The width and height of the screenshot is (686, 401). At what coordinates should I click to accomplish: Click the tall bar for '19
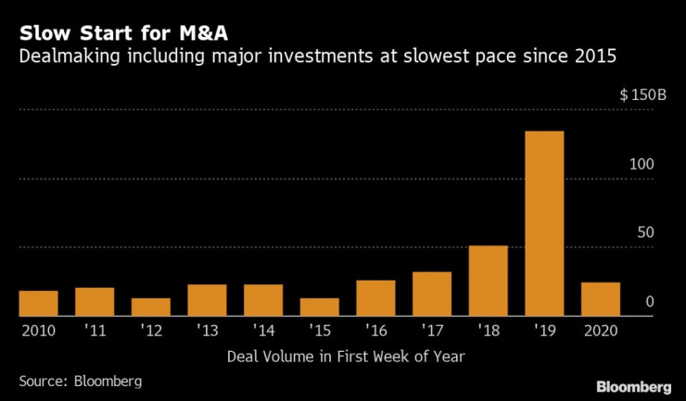pyautogui.click(x=544, y=223)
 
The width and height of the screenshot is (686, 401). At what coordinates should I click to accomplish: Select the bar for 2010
pyautogui.click(x=39, y=304)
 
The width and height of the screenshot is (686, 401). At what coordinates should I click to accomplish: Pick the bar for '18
pyautogui.click(x=488, y=281)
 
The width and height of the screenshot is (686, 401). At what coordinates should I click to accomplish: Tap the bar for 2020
pyautogui.click(x=600, y=299)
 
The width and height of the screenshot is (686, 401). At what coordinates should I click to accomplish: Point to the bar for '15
pyautogui.click(x=319, y=307)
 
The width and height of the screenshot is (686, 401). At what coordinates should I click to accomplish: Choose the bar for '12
pyautogui.click(x=151, y=307)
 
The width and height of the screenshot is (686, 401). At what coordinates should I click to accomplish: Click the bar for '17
pyautogui.click(x=432, y=294)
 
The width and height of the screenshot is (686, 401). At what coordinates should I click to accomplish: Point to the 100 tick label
pyautogui.click(x=642, y=164)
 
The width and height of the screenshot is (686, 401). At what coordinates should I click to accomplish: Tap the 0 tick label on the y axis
pyautogui.click(x=650, y=302)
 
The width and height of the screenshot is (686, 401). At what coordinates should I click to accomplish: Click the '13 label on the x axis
pyautogui.click(x=207, y=331)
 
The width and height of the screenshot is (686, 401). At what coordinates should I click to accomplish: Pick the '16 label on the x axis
pyautogui.click(x=375, y=331)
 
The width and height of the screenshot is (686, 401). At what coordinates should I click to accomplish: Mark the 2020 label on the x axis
pyautogui.click(x=600, y=331)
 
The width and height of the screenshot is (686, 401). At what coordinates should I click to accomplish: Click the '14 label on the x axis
pyautogui.click(x=263, y=331)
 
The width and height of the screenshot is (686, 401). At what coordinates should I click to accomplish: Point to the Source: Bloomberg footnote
pyautogui.click(x=81, y=381)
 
